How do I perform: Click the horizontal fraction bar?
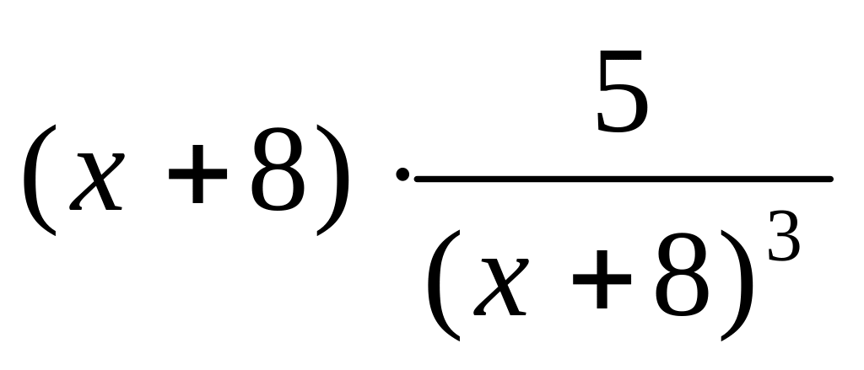(623, 179)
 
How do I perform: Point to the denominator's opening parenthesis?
(444, 287)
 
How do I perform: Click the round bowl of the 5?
(629, 110)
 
